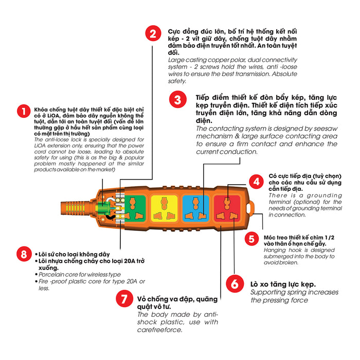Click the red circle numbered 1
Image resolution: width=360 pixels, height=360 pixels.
tap(24, 112)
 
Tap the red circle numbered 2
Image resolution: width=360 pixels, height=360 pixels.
tap(153, 33)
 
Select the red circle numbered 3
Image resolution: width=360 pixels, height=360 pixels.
tap(178, 100)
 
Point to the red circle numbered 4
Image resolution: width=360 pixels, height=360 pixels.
tap(256, 182)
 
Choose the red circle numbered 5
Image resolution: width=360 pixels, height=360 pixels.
tap(251, 239)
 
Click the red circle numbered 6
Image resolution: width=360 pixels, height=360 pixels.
tap(235, 284)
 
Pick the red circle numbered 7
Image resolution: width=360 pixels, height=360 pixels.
tap(124, 299)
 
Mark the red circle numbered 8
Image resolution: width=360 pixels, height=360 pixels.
tap(24, 254)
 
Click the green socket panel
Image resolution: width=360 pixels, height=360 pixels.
tap(135, 208)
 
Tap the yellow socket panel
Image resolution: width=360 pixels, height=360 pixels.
tap(165, 208)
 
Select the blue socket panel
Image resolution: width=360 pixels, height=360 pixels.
tap(195, 208)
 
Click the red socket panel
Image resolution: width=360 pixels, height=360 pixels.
tap(227, 208)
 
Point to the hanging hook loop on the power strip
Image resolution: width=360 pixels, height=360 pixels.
tap(250, 208)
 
